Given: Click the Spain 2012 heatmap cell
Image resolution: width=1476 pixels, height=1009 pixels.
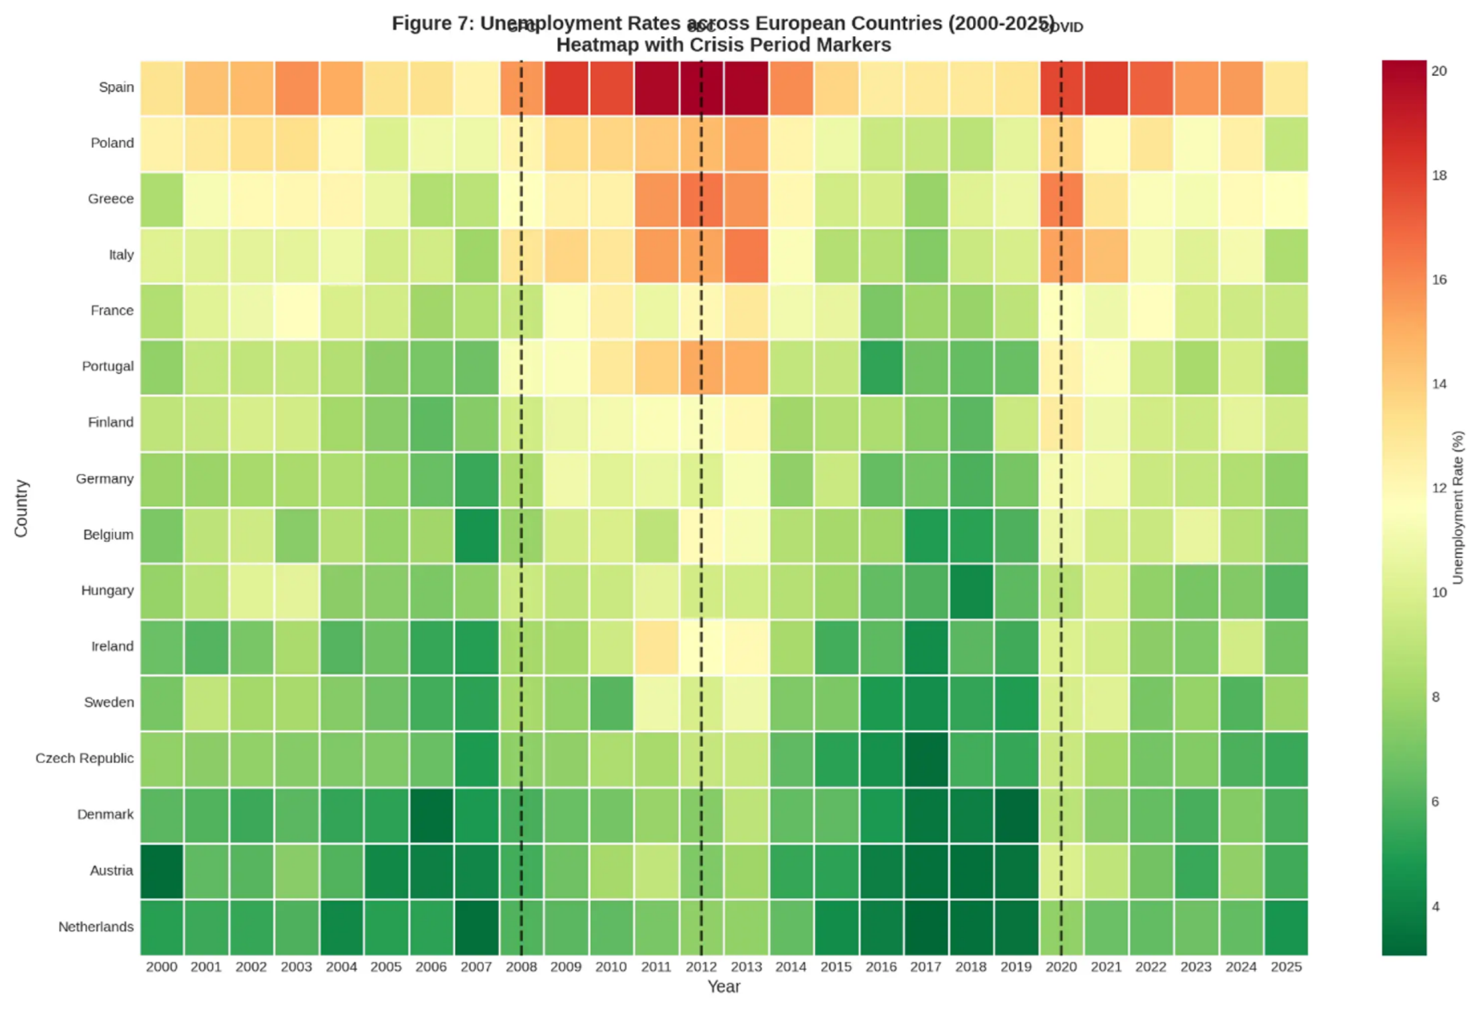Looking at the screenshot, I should click(701, 88).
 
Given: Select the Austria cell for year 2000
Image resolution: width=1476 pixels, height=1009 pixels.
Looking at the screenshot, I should click(161, 870).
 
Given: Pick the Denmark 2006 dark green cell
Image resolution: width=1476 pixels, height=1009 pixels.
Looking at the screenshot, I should click(431, 815).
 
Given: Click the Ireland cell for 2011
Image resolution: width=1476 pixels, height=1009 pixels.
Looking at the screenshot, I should click(656, 646).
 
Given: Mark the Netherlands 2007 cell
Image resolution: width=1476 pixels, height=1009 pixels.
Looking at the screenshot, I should click(476, 927).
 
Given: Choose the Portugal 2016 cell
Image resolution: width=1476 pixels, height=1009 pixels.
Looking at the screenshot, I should click(881, 367).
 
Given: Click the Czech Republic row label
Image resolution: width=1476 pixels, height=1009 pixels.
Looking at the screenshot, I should click(84, 758).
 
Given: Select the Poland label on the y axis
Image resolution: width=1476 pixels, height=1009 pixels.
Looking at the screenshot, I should click(112, 143).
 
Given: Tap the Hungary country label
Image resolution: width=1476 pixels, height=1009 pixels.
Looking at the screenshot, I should click(107, 590).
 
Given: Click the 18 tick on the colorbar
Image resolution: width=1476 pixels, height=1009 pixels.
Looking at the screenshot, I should click(1439, 175).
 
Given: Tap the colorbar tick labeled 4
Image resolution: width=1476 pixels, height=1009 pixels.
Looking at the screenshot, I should click(1435, 907).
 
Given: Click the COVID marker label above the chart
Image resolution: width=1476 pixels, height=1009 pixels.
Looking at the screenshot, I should click(1064, 27).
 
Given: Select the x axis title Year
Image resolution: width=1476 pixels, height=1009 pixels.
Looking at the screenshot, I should click(723, 987).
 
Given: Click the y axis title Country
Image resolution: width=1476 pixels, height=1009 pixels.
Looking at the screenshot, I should click(22, 508).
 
